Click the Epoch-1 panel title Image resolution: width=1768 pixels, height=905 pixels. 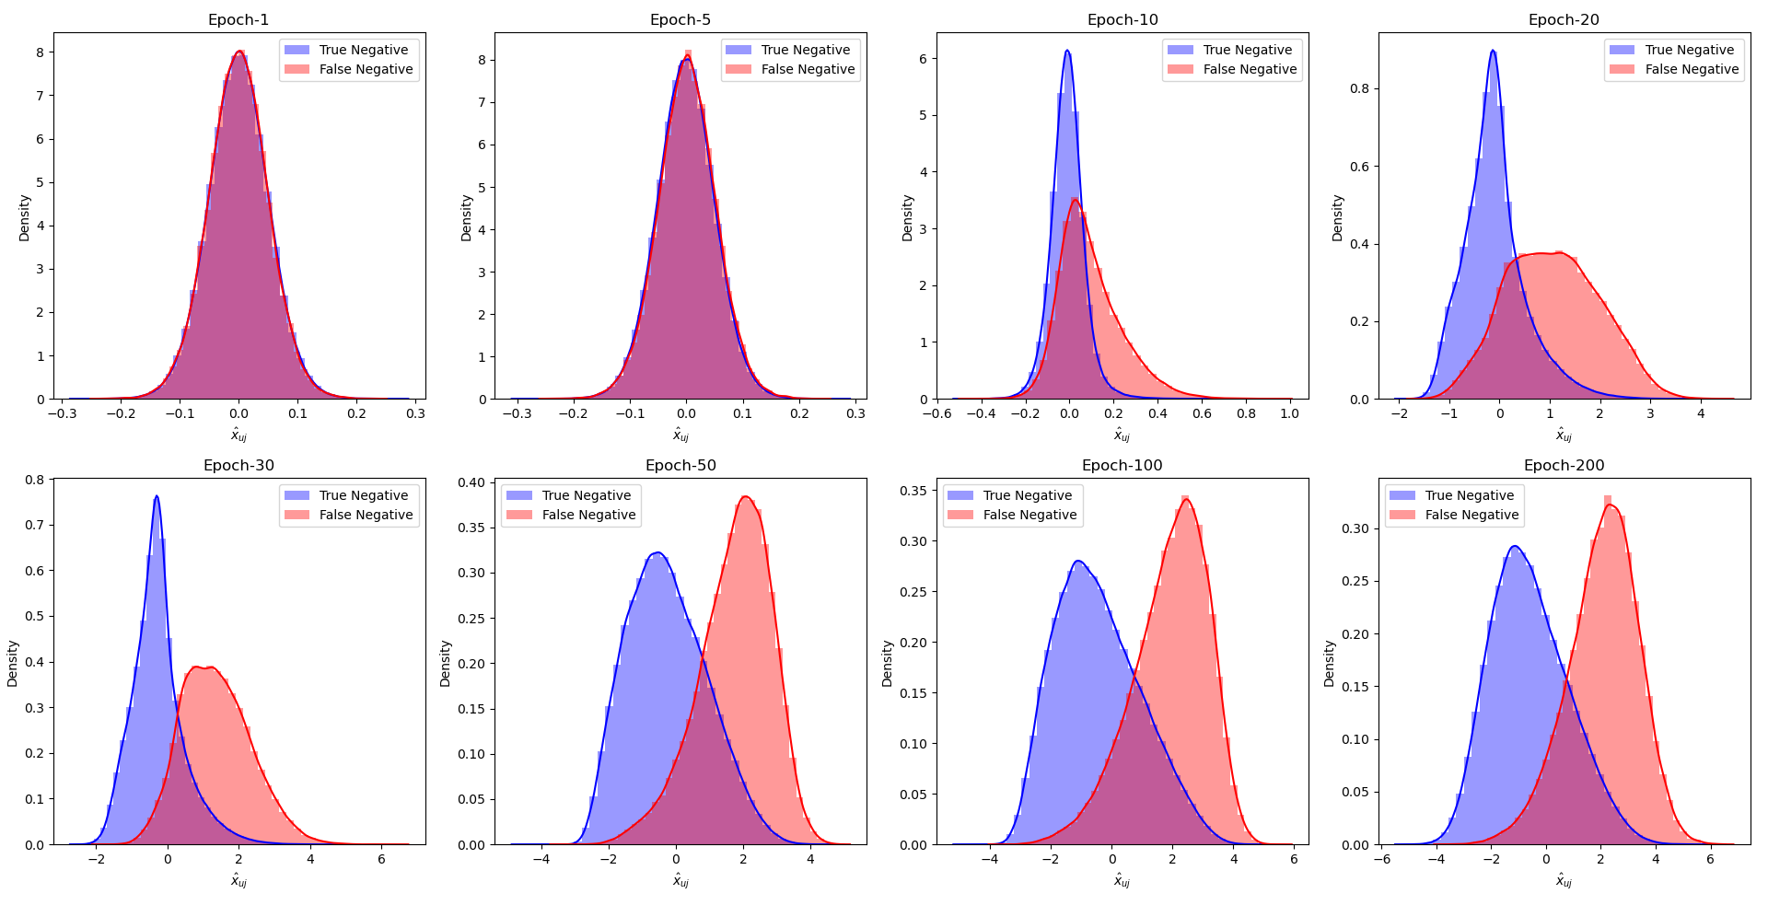tap(238, 20)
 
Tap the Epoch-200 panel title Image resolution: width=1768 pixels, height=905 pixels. tap(1564, 466)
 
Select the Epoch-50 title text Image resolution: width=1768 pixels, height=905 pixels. tap(680, 466)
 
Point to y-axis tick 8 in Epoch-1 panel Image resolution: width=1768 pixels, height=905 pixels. tap(40, 52)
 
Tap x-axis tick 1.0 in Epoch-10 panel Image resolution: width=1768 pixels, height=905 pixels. tap(1289, 414)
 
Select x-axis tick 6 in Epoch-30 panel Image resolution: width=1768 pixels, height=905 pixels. tap(381, 860)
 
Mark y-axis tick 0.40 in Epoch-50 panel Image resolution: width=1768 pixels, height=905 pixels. tap(471, 482)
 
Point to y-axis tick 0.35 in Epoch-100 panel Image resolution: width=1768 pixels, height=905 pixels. tap(913, 492)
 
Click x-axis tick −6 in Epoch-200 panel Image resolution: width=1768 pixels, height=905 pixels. tap(1382, 860)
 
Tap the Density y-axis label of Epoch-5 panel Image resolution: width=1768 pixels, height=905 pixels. tap(467, 217)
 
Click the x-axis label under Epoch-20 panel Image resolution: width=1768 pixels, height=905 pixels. tap(1564, 435)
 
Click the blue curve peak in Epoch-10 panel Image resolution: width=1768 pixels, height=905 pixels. tap(1066, 51)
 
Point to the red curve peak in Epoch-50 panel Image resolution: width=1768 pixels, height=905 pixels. tap(746, 497)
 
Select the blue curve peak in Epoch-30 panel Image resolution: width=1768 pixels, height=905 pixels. tap(157, 496)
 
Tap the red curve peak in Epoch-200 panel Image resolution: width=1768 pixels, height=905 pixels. tap(1610, 505)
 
